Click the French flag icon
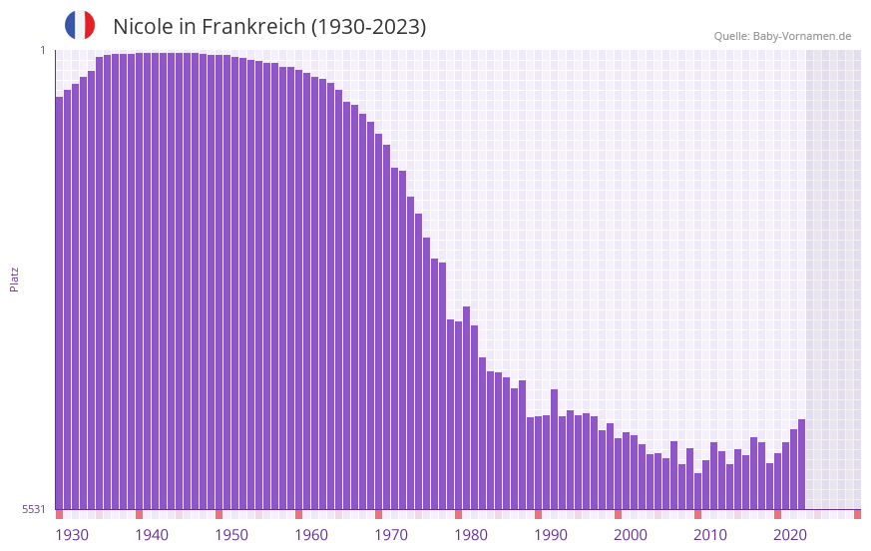(80, 25)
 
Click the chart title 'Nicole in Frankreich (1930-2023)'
(269, 27)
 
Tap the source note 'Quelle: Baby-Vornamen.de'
(782, 36)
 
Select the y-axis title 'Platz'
(14, 278)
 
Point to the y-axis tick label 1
(42, 50)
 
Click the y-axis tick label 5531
(34, 509)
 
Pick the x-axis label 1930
(72, 535)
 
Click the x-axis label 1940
(152, 535)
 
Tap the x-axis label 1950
(231, 535)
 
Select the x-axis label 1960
(311, 535)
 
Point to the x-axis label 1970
(391, 535)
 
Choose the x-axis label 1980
(471, 535)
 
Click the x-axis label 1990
(551, 535)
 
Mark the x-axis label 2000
(631, 535)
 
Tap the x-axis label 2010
(710, 535)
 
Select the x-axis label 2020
(790, 535)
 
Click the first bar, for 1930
(59, 299)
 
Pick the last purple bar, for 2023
(801, 464)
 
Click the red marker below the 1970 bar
(378, 514)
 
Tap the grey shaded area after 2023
(833, 279)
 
